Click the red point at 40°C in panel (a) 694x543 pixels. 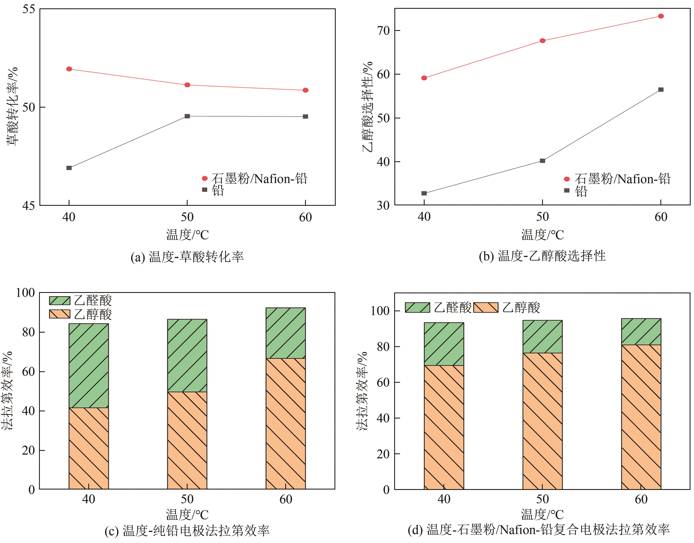pyautogui.click(x=69, y=69)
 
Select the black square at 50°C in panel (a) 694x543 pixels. pyautogui.click(x=187, y=116)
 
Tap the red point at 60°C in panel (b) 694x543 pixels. pyautogui.click(x=661, y=16)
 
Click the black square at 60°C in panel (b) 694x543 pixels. pyautogui.click(x=661, y=90)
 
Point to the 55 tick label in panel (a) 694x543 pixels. pyautogui.click(x=29, y=9)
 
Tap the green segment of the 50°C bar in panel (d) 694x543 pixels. pyautogui.click(x=543, y=337)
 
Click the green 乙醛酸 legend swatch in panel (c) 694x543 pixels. pyautogui.click(x=59, y=301)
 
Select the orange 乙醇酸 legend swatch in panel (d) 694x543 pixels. pyautogui.click(x=486, y=308)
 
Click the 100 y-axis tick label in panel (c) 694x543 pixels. pyautogui.click(x=25, y=293)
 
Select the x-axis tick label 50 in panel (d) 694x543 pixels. pyautogui.click(x=543, y=499)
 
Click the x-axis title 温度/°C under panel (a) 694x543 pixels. pyautogui.click(x=187, y=235)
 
